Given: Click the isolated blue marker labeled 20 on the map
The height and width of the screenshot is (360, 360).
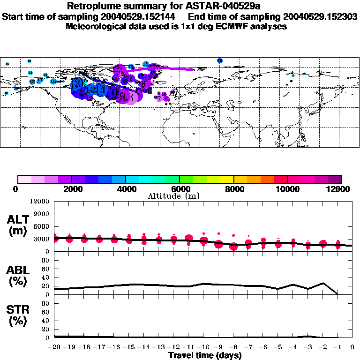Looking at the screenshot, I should coord(220,60).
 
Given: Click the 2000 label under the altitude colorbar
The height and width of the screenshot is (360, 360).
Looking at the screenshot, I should coord(71,189).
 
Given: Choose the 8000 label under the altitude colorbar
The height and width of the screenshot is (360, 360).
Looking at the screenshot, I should coord(233,189).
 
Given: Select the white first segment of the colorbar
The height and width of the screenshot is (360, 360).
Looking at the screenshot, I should coord(24,179).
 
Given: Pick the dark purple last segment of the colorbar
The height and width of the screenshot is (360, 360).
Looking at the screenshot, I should coord(335,179).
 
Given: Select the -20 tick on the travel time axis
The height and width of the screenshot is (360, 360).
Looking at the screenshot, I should coord(54,347).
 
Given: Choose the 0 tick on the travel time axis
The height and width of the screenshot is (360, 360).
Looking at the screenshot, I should coord(352,347).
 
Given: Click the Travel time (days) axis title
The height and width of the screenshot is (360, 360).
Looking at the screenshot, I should coord(205,356).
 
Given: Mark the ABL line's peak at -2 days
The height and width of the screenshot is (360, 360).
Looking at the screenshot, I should coord(322,283).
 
